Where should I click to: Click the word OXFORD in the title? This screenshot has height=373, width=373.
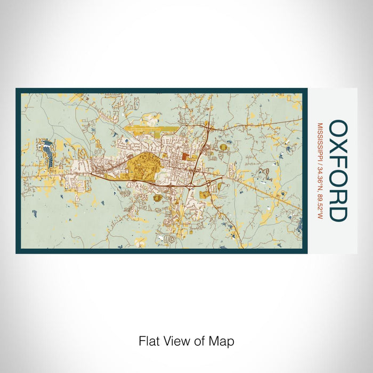tap(338, 171)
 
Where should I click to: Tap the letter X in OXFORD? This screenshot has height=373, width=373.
tap(338, 148)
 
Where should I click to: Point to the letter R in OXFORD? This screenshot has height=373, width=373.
tap(338, 196)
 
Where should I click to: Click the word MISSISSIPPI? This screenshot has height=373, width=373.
tap(320, 141)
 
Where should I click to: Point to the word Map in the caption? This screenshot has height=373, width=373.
tap(224, 341)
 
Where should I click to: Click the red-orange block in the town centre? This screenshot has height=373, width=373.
tap(184, 157)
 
